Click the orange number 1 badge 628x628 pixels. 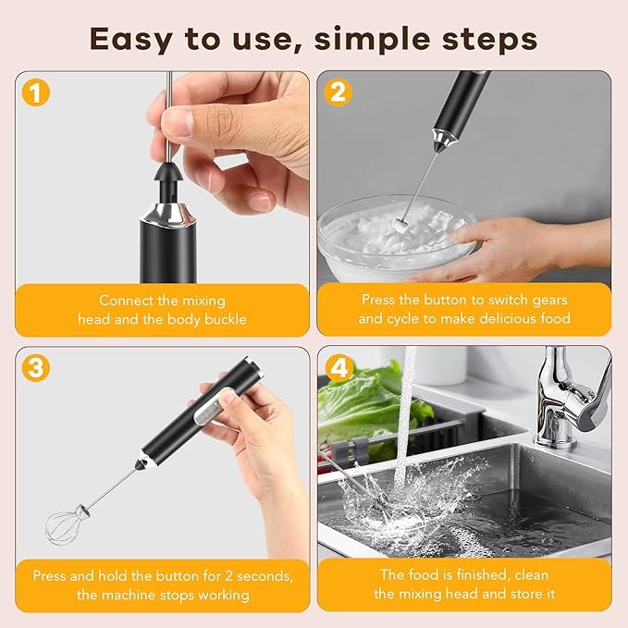pyautogui.click(x=34, y=92)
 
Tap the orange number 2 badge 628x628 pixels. pyautogui.click(x=339, y=92)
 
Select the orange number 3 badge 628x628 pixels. pyautogui.click(x=34, y=367)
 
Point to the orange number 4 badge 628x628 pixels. pyautogui.click(x=339, y=367)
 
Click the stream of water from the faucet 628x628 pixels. pyautogui.click(x=407, y=416)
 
